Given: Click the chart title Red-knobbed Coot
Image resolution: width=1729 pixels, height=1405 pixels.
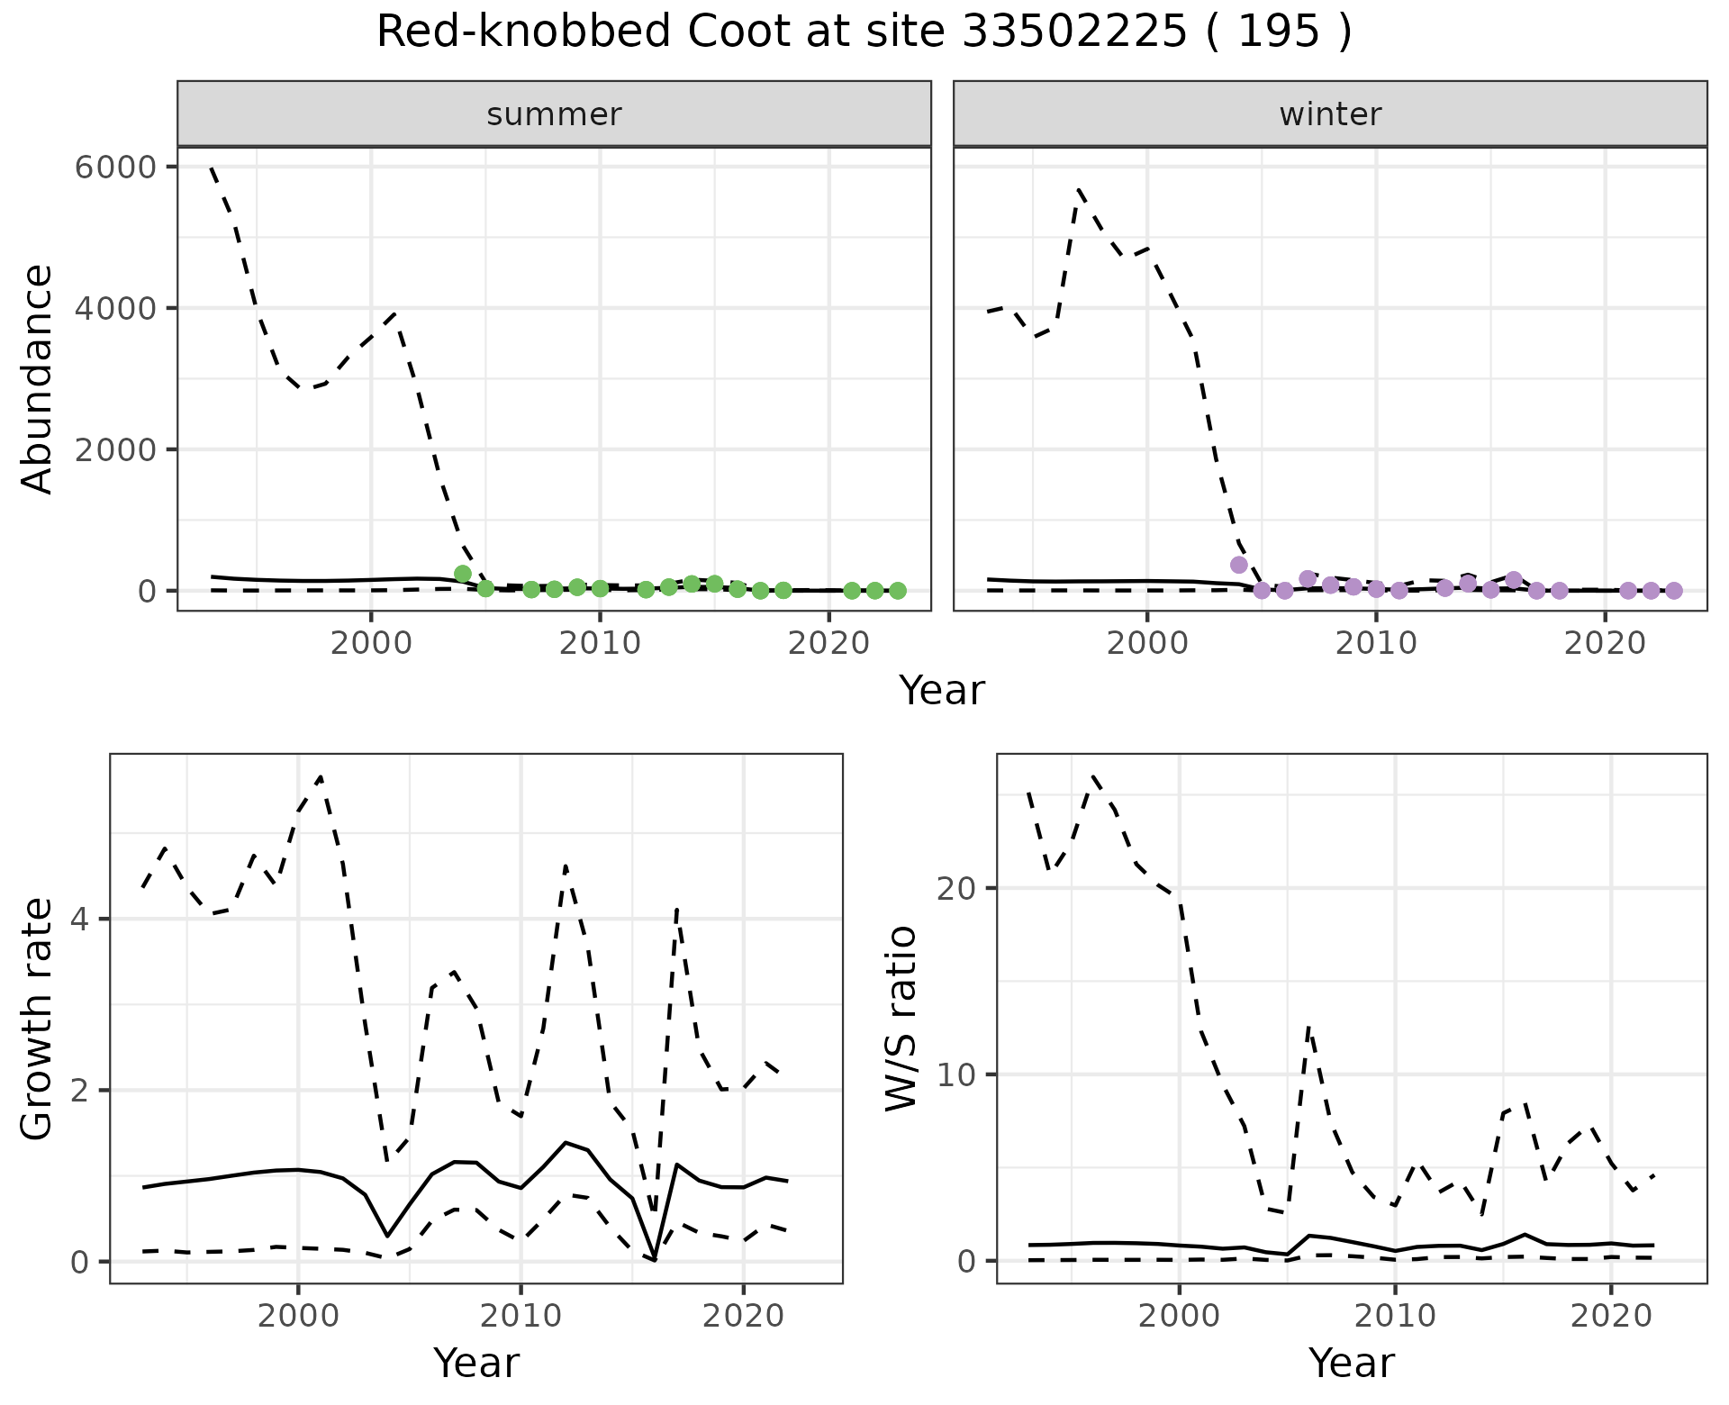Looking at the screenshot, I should point(864,33).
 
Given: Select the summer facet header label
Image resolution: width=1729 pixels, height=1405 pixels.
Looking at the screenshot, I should point(554,114).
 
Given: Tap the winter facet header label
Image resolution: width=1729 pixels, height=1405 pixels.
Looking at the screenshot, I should point(1330,114).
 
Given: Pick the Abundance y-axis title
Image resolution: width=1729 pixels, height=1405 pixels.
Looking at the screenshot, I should point(38,378).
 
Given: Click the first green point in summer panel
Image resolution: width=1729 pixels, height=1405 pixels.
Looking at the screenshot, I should point(463,574).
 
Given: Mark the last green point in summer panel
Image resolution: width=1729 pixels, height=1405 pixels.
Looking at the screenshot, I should point(897,591).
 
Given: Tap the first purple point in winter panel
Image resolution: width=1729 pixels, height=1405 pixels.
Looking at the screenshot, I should point(1238,565).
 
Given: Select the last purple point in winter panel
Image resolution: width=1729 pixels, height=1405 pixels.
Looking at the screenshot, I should point(1673,591).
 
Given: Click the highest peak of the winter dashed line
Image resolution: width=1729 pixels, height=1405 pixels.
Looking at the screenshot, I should point(1078,190).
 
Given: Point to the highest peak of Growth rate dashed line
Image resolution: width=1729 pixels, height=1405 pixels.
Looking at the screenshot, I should point(321,776).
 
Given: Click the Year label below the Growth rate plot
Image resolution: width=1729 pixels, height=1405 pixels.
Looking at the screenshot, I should point(476,1363).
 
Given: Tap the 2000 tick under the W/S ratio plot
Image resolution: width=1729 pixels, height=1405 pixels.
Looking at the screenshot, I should point(1179,1316).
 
